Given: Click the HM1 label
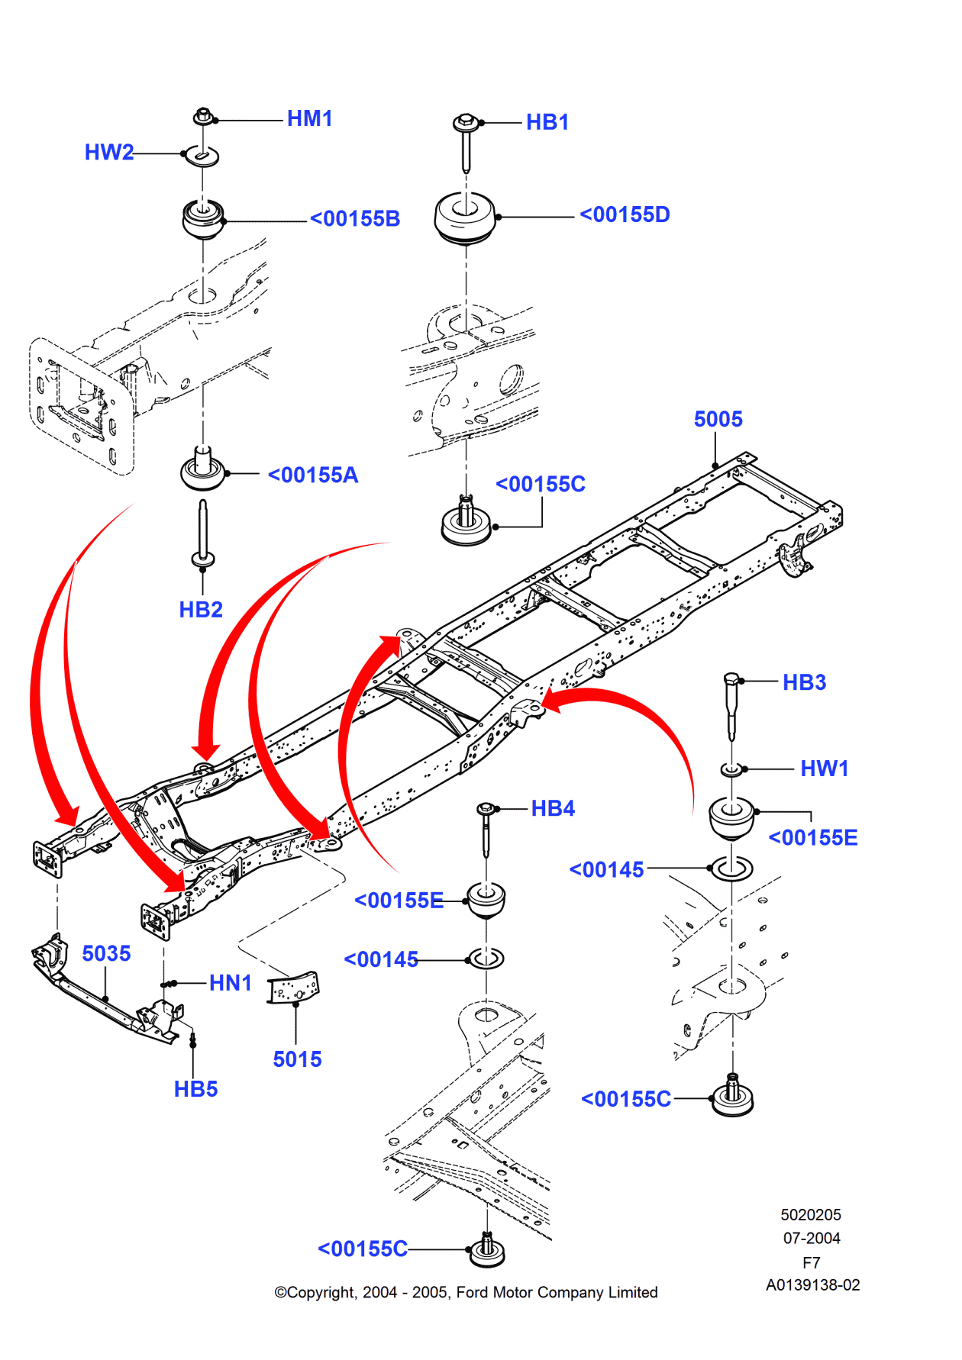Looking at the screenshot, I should coord(309,119).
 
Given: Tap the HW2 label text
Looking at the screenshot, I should coord(108,153).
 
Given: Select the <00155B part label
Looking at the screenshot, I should coord(355,219).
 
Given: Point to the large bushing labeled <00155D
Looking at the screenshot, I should coord(465,218).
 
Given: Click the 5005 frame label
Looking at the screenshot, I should coord(718,419).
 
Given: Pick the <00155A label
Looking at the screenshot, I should coord(313,475).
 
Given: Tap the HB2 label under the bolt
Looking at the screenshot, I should coord(201,610).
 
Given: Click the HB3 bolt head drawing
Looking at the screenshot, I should coord(731,681).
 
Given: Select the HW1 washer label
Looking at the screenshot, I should coord(825,769).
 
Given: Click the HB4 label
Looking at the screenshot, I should coord(553,809).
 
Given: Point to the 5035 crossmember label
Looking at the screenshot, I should coord(106,954).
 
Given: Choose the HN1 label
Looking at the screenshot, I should coord(230,983).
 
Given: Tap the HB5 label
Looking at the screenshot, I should coord(195,1089).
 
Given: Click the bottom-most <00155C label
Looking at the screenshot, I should coord(363,1249).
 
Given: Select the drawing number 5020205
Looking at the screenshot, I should coord(811,1215).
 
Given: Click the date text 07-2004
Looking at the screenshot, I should coord(812,1239).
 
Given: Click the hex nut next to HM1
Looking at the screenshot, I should coord(202,117).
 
